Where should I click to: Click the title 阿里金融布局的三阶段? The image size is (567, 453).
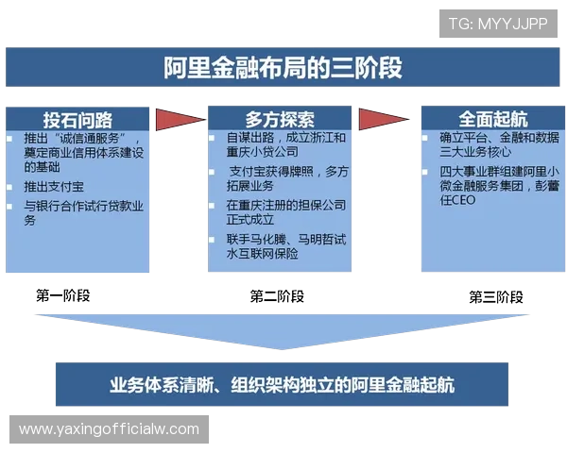point(283,68)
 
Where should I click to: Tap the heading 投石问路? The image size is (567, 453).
point(77,120)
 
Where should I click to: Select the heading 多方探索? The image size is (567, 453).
point(280,120)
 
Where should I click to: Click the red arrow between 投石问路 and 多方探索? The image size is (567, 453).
point(179,120)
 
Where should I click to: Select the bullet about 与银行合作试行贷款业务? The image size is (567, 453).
point(83,212)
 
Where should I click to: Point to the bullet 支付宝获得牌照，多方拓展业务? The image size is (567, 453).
point(288,178)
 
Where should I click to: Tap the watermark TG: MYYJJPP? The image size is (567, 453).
point(497,23)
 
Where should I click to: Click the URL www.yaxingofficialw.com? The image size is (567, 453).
point(110,429)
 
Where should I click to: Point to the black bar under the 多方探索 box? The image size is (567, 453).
point(280,296)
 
